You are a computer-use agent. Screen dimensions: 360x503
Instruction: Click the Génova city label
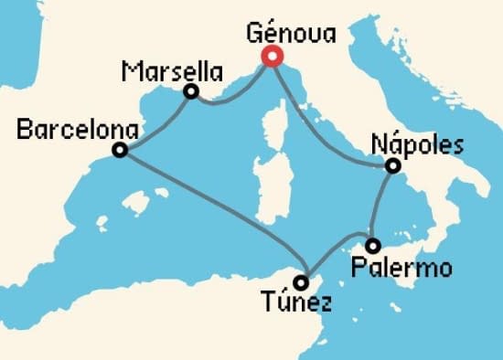coord(292,35)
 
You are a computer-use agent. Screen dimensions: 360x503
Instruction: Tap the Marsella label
coord(172,69)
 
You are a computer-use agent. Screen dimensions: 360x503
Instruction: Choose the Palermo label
coord(403,270)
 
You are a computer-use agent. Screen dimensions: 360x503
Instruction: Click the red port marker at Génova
coord(272,57)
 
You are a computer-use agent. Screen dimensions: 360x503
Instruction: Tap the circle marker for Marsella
coord(191,91)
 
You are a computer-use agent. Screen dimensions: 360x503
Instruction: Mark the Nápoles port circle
coord(392,166)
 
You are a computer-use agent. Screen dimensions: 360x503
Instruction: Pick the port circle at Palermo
coord(373,245)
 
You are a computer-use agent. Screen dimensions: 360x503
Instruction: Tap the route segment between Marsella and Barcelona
coord(155,122)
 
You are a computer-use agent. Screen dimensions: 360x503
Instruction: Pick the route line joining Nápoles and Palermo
coord(380,206)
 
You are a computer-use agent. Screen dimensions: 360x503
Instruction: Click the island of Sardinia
coord(270,187)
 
